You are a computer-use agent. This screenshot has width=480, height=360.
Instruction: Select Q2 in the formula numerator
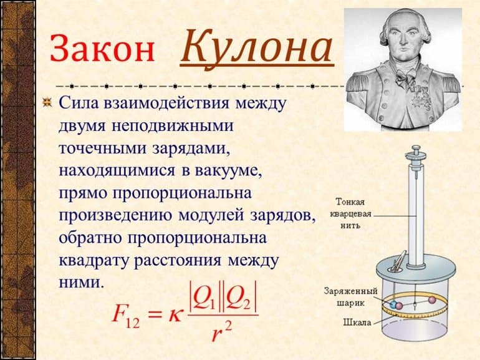(240, 298)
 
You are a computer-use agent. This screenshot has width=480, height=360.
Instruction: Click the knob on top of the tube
(415, 151)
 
